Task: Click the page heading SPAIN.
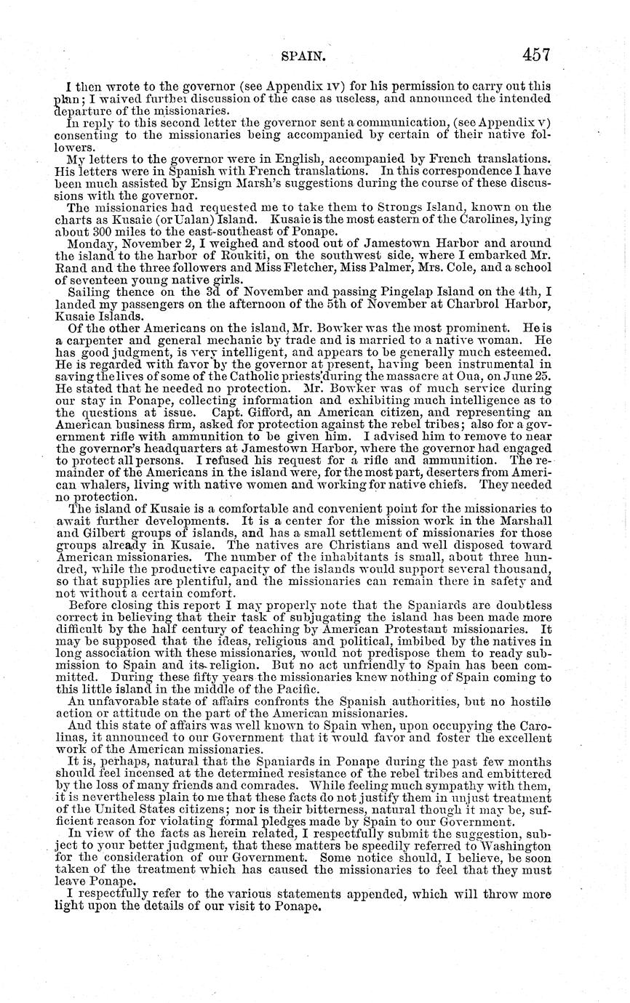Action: point(305,55)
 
